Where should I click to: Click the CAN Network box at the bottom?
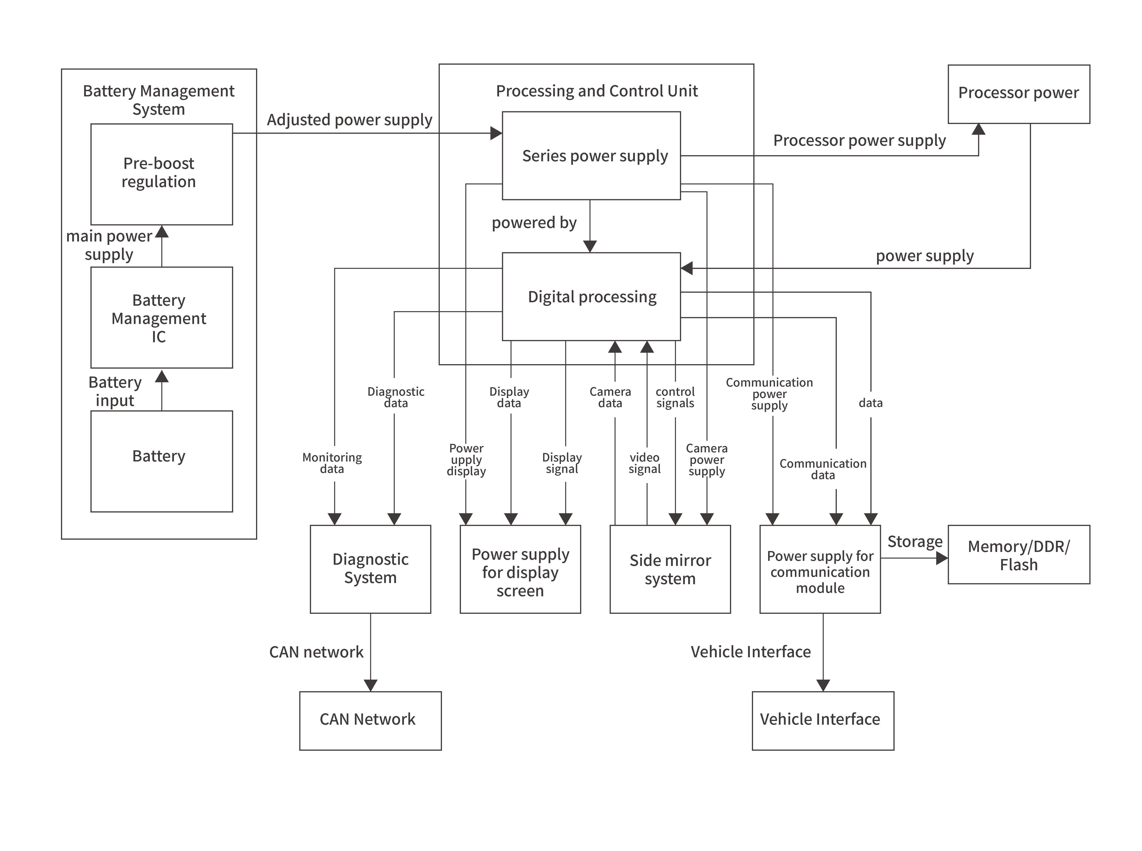(370, 720)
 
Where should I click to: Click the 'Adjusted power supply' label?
(349, 120)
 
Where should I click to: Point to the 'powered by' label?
(534, 223)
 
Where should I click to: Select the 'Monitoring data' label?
(332, 463)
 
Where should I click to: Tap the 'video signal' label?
(644, 463)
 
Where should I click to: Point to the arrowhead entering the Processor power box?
(978, 129)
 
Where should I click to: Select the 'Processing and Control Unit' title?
(596, 91)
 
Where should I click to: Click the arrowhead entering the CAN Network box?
(370, 685)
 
